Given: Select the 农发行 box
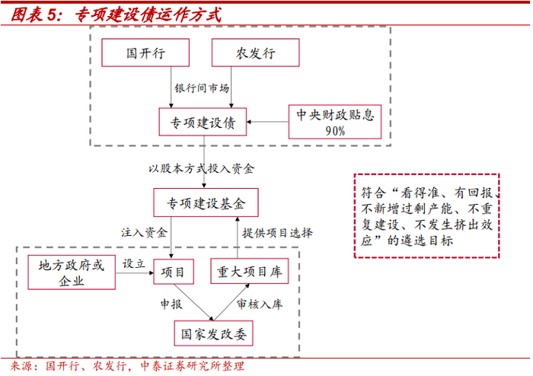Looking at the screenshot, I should coord(254,53).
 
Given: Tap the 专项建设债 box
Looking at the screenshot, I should coord(203,121).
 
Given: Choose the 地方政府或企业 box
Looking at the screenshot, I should coord(72,272).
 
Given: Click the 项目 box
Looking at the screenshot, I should coord(174,272).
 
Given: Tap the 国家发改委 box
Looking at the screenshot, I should coord(212,332).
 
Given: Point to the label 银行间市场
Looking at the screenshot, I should coord(202,88).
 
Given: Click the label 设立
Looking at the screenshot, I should coord(133,263).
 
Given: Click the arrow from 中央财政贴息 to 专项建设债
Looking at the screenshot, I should coord(267,122).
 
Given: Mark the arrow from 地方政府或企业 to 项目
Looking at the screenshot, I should coord(134,272).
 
